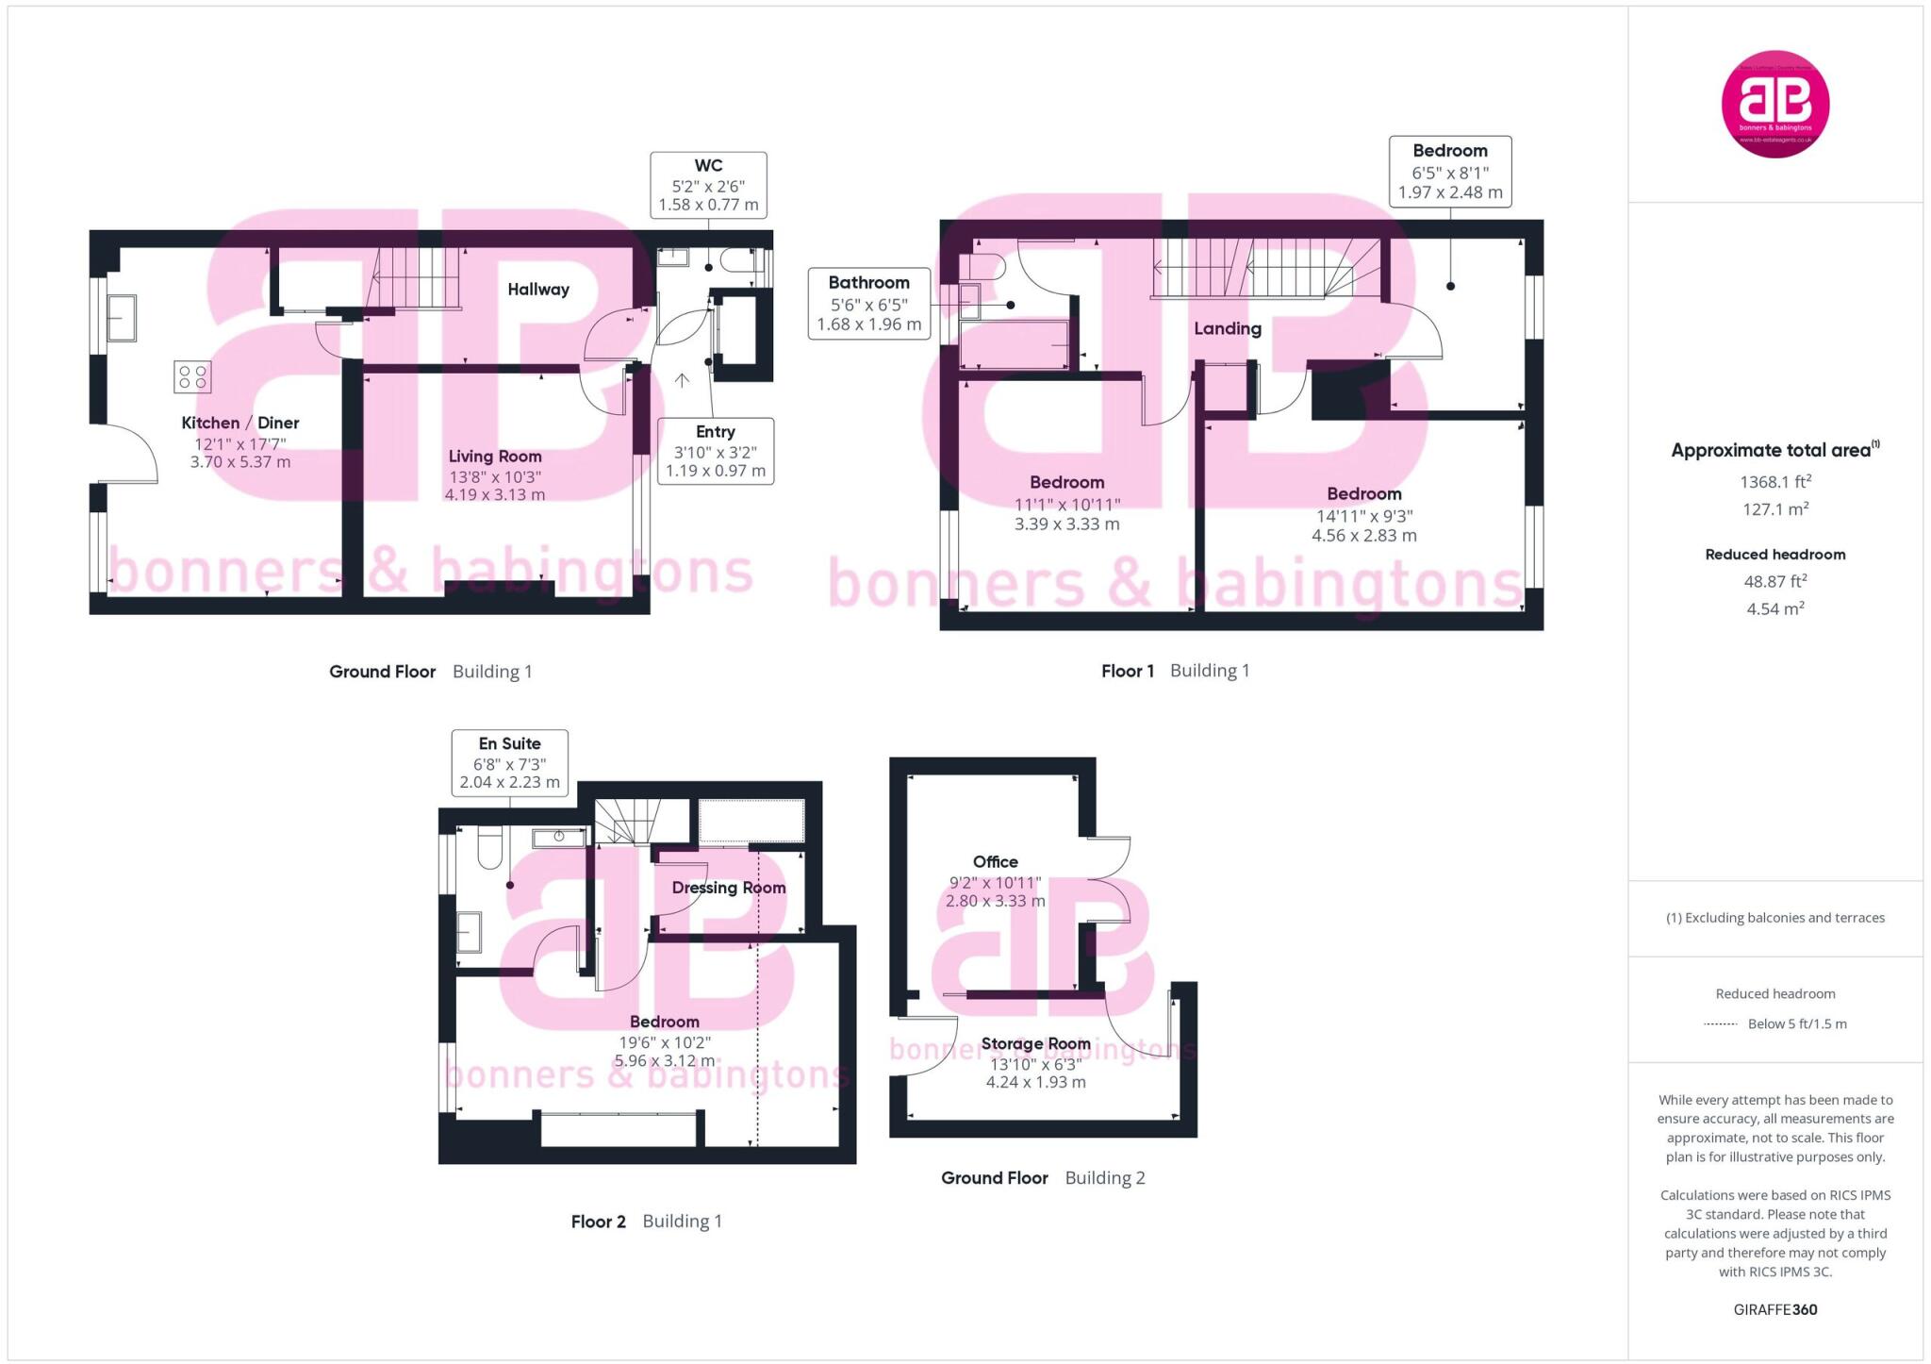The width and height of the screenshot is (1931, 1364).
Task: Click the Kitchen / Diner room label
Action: tap(240, 423)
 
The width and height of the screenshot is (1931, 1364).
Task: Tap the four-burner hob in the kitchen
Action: tap(192, 376)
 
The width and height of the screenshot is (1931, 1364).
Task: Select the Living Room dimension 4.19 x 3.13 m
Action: tap(495, 494)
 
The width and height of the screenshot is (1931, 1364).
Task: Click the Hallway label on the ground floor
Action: tap(538, 290)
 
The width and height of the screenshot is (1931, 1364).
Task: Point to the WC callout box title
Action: tap(708, 165)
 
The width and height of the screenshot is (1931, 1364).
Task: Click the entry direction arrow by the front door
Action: tap(682, 380)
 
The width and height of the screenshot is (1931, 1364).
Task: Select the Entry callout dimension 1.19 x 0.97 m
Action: tap(716, 471)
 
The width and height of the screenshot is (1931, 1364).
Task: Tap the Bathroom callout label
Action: tap(868, 282)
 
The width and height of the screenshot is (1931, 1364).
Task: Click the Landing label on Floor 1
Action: tap(1227, 328)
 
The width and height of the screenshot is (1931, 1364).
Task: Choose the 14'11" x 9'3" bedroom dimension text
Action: tap(1364, 516)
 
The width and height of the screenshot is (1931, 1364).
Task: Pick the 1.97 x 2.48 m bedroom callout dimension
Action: tap(1450, 192)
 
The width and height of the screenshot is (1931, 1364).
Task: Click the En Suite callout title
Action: tap(509, 743)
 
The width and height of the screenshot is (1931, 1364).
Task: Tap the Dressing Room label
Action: tap(729, 888)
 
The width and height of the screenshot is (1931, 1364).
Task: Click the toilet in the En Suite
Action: tap(489, 846)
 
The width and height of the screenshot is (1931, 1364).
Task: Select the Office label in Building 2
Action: tap(995, 861)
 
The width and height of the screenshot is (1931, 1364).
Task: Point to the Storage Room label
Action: tap(1035, 1043)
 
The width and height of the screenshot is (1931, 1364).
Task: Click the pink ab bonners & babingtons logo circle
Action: tap(1775, 104)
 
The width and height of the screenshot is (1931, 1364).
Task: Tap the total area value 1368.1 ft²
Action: tap(1775, 482)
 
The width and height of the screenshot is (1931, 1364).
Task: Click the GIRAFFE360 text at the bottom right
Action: tap(1775, 1309)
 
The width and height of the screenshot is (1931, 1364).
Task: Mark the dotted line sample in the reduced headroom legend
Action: tap(1720, 1024)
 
